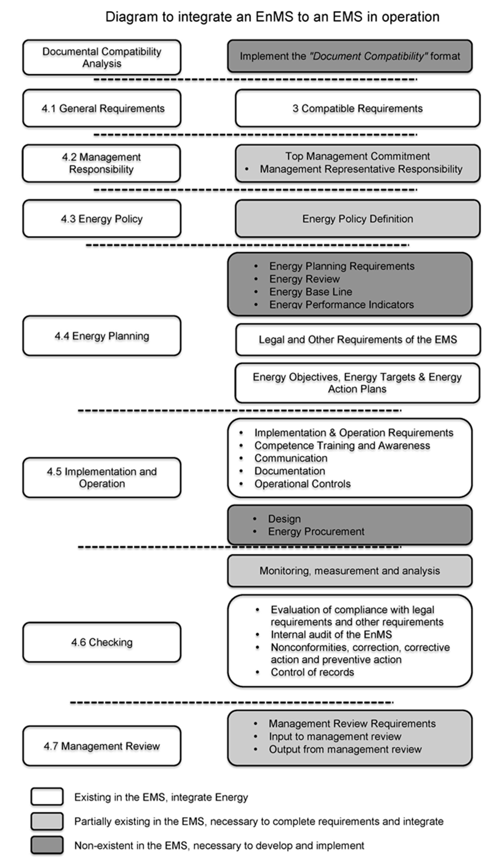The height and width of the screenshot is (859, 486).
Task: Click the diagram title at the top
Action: coord(272,17)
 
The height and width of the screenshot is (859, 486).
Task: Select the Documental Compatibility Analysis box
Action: coord(102,57)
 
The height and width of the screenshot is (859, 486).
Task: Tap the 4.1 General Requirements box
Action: coord(102,108)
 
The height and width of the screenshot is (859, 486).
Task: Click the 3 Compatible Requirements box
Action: coord(358,108)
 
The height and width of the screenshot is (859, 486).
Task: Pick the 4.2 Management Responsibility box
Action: coord(101,163)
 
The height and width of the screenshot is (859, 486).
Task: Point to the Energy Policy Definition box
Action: coord(358,219)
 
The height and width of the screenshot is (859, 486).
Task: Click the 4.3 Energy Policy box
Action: coord(102,219)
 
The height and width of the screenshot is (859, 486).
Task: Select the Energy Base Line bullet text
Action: coord(310,292)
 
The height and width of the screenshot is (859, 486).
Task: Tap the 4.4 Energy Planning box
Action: coord(102,336)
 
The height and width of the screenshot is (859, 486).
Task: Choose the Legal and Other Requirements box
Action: coord(358,339)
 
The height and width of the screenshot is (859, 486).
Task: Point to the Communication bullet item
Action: coord(291,458)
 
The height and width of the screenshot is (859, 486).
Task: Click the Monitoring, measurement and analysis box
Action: coord(349,571)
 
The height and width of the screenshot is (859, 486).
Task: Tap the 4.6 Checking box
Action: coord(102,642)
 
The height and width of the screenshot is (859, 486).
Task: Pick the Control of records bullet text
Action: coord(312,672)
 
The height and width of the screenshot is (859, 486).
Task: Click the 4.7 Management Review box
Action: coord(102,746)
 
